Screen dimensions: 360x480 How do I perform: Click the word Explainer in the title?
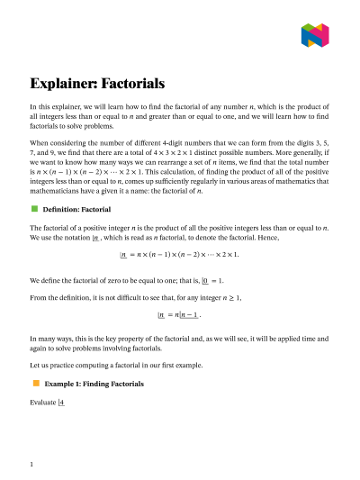tap(65, 85)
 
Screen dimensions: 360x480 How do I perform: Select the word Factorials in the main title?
tap(133, 85)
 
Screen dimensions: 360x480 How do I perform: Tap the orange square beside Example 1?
tap(35, 383)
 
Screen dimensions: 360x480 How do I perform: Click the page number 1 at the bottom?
tap(32, 464)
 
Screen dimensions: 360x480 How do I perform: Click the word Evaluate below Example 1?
tap(43, 403)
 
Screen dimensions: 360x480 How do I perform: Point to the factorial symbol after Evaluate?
tap(61, 403)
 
